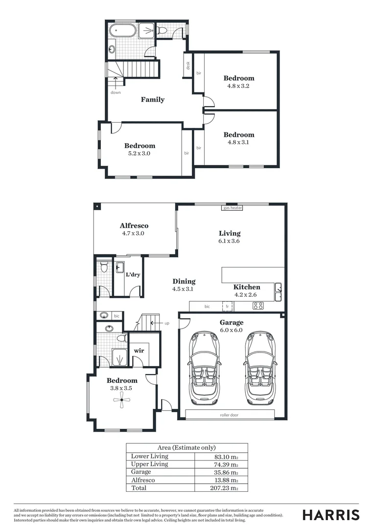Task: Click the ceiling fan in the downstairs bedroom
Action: coord(121,400)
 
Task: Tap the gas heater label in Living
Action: coord(233,208)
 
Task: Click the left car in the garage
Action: coord(204,367)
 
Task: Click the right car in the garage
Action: coord(260,367)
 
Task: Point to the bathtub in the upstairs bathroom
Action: coord(122,30)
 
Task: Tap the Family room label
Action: coord(153,100)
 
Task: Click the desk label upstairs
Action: coord(187,66)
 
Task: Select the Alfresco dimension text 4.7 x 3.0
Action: coord(134,234)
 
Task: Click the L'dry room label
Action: coord(133,275)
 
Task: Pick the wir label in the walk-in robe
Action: coord(139,351)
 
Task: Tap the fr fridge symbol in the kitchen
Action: coord(227,307)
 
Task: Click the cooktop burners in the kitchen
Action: coord(258,306)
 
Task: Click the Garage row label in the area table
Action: coord(141,472)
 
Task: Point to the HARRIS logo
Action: coord(331,515)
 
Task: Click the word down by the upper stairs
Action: coord(116,92)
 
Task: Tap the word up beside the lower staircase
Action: coord(167,323)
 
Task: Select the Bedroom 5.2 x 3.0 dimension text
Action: coord(140,153)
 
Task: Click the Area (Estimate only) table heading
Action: coord(187,447)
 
